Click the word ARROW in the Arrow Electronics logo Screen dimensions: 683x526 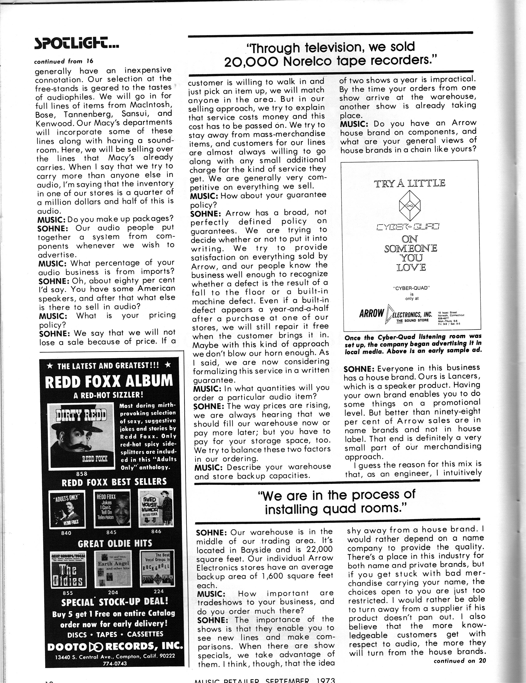pos(371,313)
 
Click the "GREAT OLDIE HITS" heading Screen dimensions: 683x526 pos(115,544)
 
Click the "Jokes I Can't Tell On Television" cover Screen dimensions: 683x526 pos(112,508)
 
